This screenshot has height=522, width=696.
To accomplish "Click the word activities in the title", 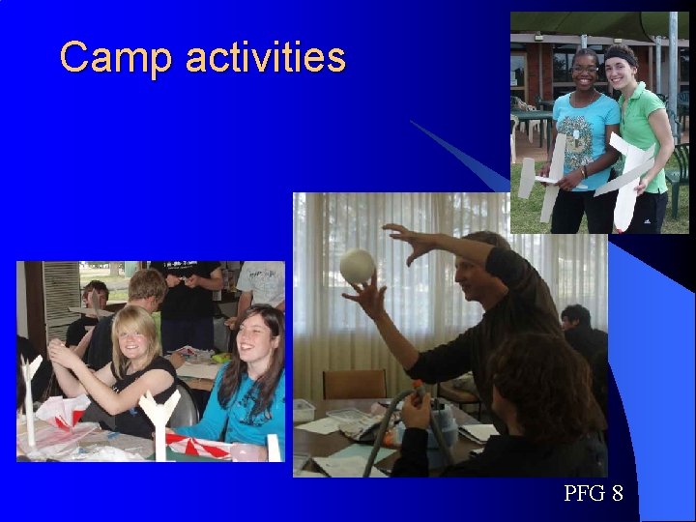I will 265,58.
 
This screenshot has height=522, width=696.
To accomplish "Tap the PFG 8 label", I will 594,494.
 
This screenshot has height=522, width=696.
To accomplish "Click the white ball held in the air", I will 358,266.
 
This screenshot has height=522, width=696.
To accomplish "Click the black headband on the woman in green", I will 620,52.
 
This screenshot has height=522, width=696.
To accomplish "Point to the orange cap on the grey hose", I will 417,391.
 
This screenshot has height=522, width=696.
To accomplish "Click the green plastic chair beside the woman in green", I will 678,169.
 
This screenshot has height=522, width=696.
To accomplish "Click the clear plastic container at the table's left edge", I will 305,410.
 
